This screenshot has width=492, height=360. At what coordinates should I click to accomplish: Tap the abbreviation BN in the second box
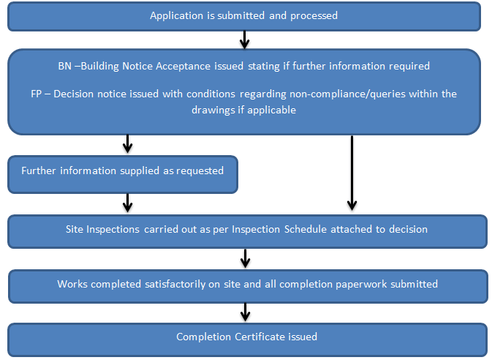point(66,66)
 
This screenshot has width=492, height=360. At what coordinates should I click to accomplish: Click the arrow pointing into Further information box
point(128,144)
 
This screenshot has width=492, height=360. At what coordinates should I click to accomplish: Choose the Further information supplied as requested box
point(123,173)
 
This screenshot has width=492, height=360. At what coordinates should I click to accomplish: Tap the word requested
point(200,170)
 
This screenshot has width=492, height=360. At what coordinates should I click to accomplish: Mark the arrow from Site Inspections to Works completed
point(245,258)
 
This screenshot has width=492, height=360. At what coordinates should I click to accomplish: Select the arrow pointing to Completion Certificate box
point(245,312)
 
